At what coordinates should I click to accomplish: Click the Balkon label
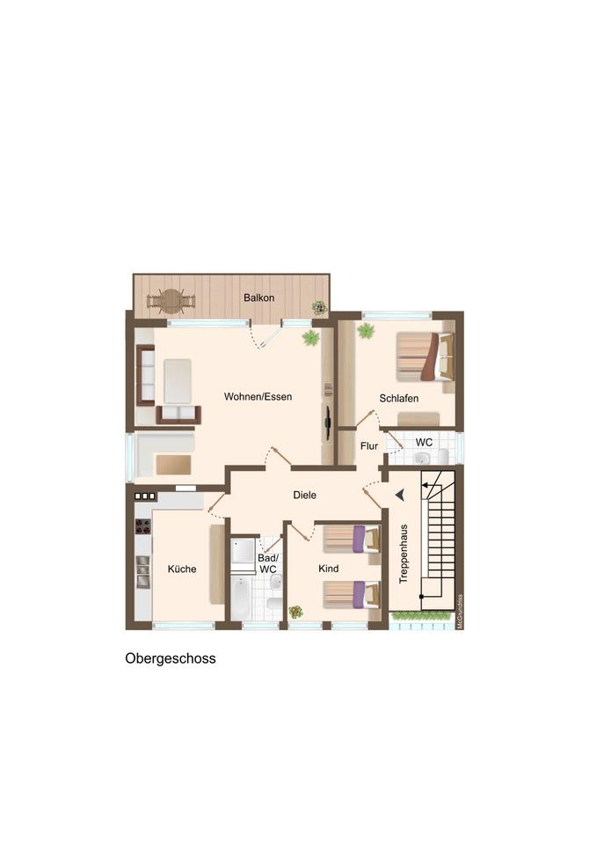(258, 298)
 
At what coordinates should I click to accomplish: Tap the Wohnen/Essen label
(258, 397)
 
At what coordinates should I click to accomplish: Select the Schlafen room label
(399, 399)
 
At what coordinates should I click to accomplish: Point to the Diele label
(305, 496)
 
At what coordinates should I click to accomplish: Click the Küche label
(182, 569)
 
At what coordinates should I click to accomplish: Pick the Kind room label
(328, 569)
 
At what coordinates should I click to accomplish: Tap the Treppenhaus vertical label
(404, 554)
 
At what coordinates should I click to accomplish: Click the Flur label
(369, 446)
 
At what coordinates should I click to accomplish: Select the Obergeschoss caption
(171, 658)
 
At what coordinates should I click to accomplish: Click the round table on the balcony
(171, 301)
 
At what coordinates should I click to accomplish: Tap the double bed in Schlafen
(426, 356)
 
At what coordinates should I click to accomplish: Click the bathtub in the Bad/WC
(240, 598)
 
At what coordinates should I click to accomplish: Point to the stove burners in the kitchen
(142, 526)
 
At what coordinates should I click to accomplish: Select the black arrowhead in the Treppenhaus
(400, 494)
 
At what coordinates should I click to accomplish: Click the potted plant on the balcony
(320, 308)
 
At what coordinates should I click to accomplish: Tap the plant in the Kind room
(295, 612)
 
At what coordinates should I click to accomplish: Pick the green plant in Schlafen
(366, 331)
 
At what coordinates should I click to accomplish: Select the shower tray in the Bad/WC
(243, 551)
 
